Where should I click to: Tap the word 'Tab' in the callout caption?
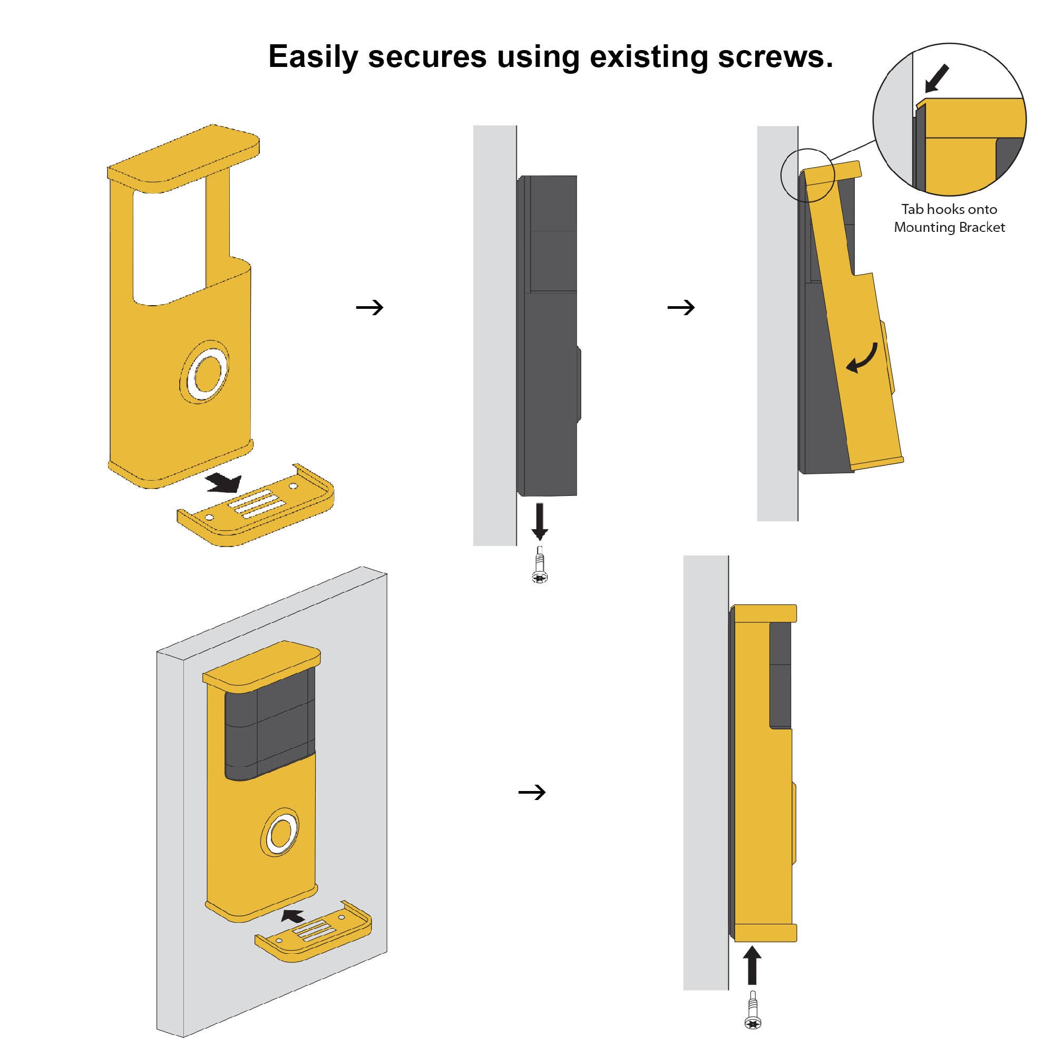[x=913, y=210]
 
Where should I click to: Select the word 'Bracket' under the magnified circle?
[x=980, y=228]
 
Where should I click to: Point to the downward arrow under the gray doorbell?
[x=540, y=521]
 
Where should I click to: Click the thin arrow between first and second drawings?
[x=370, y=308]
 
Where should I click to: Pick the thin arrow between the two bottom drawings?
[x=532, y=792]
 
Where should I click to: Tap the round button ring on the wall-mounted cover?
[x=281, y=832]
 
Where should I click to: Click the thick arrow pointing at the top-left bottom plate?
[x=224, y=482]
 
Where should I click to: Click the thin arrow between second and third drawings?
[x=681, y=308]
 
